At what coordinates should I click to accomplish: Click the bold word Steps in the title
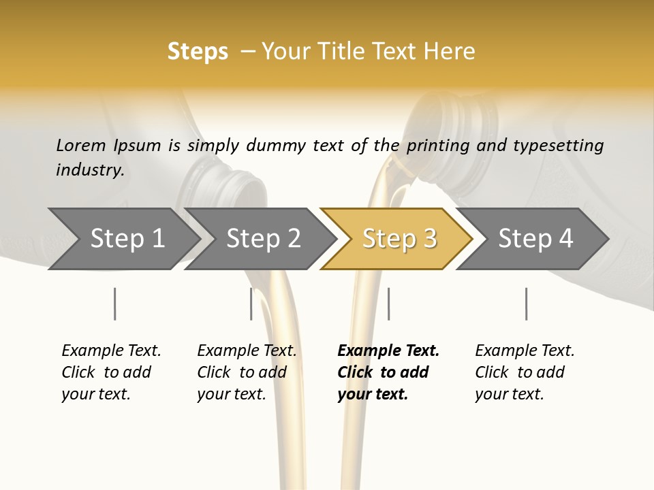point(198,52)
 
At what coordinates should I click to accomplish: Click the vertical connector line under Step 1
point(114,304)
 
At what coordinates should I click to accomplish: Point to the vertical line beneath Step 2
point(251,304)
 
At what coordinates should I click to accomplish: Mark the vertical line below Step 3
point(388,304)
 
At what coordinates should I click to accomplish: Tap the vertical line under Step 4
point(527,304)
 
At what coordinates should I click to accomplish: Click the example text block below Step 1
point(111,372)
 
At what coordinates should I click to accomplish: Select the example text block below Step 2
point(247,372)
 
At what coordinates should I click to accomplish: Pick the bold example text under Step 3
point(388,372)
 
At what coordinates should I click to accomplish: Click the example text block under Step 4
point(525,372)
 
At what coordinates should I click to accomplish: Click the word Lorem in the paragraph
point(80,145)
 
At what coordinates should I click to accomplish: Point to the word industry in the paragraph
point(89,169)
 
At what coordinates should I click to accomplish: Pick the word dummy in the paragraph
point(281,145)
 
